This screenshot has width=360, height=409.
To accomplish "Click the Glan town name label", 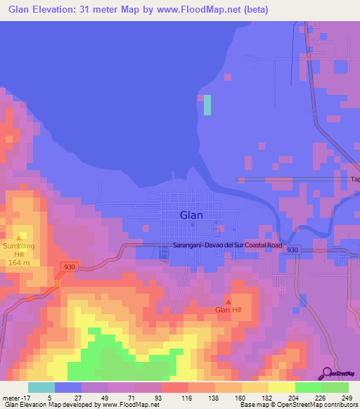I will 193,216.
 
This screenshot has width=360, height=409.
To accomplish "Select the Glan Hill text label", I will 228,310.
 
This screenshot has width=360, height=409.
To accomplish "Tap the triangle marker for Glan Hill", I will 228,301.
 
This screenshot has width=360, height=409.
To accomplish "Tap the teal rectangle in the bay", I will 207,105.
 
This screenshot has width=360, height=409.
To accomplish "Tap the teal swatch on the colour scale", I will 41,387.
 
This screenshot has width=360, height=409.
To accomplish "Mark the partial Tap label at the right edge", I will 355,179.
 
